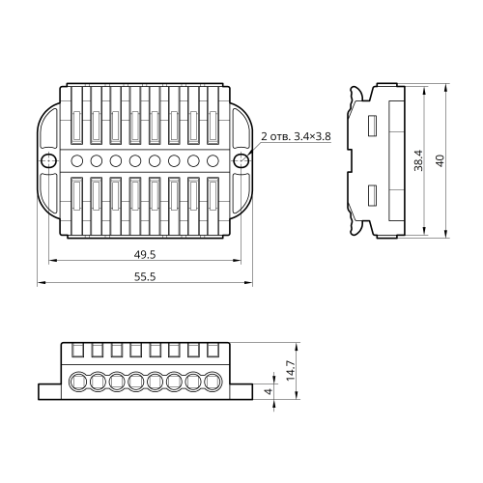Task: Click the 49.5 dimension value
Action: [145, 255]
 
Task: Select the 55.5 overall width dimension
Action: [145, 276]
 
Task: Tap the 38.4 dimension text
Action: [419, 160]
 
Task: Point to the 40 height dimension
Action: [440, 160]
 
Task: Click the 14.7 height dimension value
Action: [291, 371]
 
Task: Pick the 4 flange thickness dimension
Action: [269, 391]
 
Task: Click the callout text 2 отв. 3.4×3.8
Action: [296, 136]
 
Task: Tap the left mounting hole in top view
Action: [48, 160]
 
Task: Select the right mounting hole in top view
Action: [241, 160]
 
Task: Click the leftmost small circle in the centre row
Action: [77, 160]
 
